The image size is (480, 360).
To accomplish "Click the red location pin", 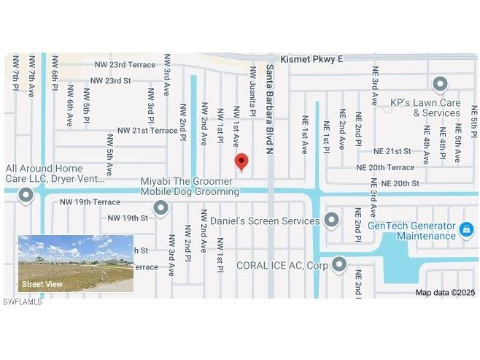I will point(241,162).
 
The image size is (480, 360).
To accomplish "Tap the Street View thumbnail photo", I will point(76,264).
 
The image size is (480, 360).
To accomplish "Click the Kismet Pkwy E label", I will point(311,59).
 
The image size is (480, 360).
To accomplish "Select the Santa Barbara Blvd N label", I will point(269,110).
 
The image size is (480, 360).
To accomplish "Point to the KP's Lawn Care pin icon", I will point(440,85).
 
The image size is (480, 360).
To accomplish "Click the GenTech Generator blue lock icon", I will point(466,231).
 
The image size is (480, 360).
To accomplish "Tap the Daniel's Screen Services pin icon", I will point(332,220).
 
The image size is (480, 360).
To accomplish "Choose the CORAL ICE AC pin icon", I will point(339,265).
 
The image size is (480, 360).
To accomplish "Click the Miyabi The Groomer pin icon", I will point(161,210).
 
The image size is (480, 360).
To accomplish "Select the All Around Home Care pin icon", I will point(27,195).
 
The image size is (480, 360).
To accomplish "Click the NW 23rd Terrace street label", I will point(125,65).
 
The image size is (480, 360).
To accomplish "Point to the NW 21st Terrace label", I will point(147,131).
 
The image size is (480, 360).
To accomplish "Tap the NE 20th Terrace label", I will point(385,167).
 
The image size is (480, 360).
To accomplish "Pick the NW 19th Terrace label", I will point(90,202).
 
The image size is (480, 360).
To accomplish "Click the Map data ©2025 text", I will point(445,293).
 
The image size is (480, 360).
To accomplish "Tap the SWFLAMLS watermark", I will point(23,302).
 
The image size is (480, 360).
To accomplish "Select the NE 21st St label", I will point(392,151).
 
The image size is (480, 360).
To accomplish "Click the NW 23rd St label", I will point(112,80).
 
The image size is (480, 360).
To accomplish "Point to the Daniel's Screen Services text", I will point(265,220).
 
